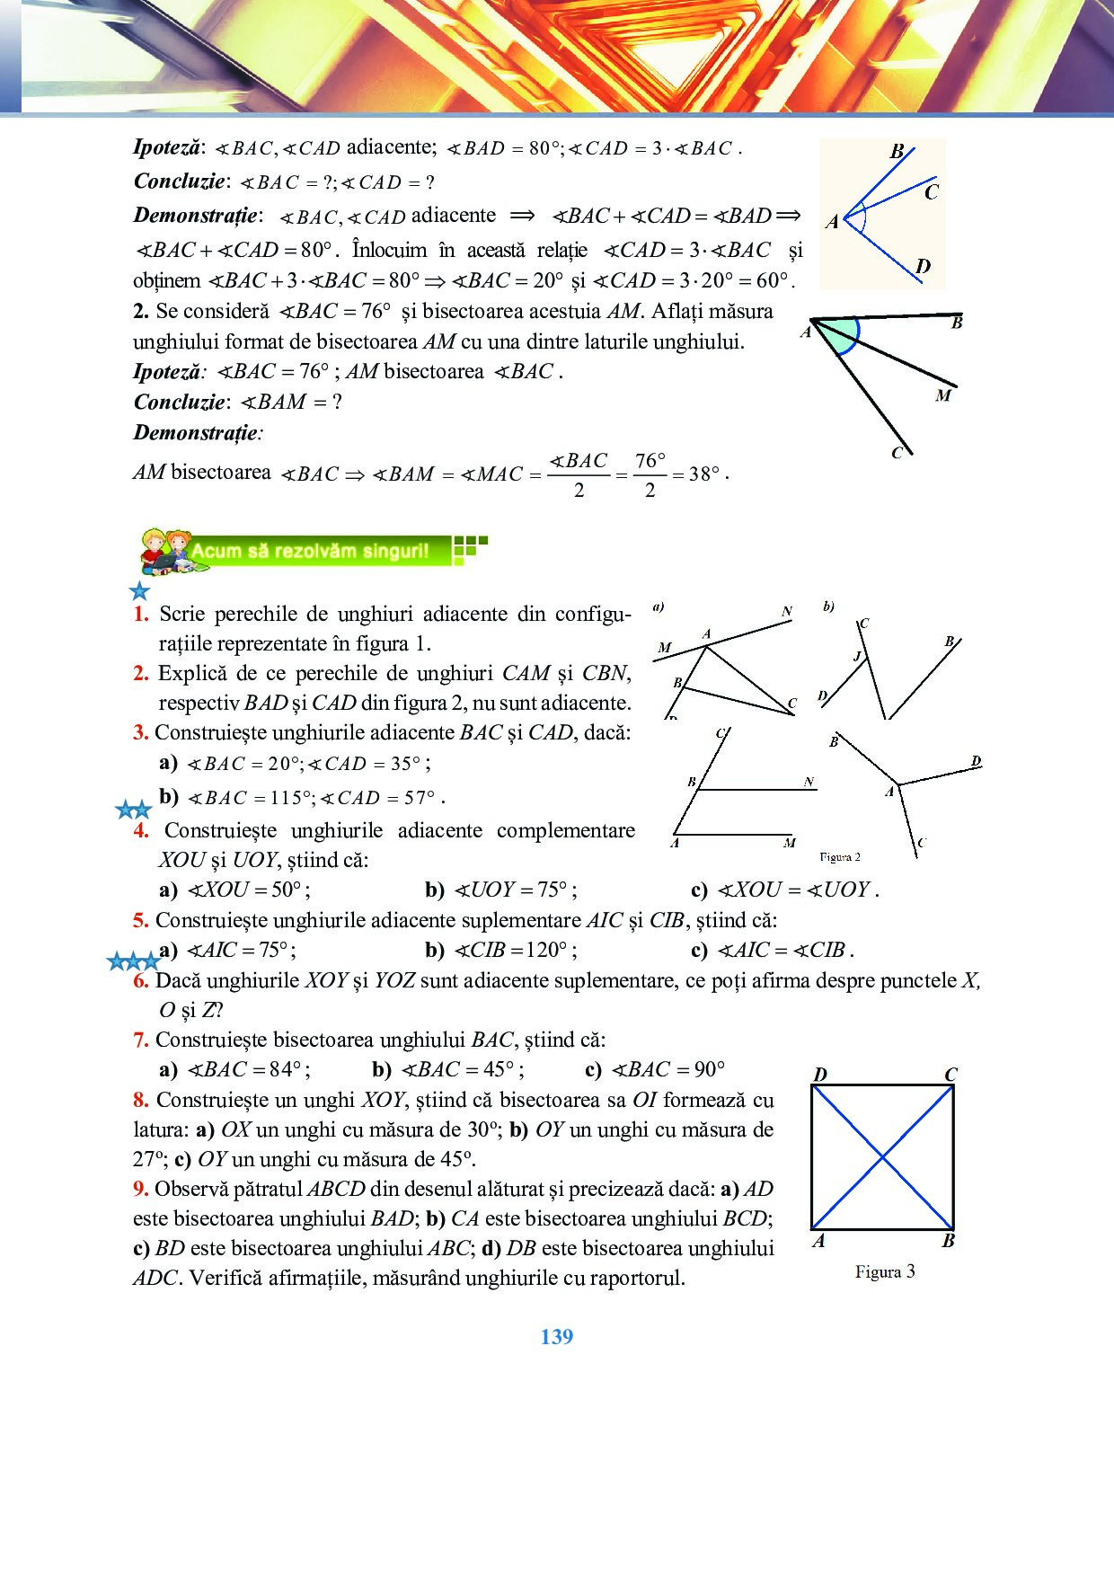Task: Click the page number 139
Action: click(x=556, y=1337)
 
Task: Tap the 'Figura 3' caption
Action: click(x=884, y=1271)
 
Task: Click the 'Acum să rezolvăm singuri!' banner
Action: click(x=310, y=551)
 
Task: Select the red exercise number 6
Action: click(x=140, y=980)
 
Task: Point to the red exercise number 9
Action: click(x=140, y=1189)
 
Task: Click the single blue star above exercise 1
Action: click(x=139, y=590)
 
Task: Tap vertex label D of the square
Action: click(x=819, y=1075)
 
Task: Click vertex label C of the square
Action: click(x=950, y=1075)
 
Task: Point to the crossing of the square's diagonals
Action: click(x=882, y=1157)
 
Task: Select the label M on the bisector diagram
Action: click(x=942, y=395)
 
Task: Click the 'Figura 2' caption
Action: click(x=839, y=857)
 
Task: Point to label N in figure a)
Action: click(x=787, y=612)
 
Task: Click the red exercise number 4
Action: click(x=141, y=830)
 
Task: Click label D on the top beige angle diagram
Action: click(x=923, y=266)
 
